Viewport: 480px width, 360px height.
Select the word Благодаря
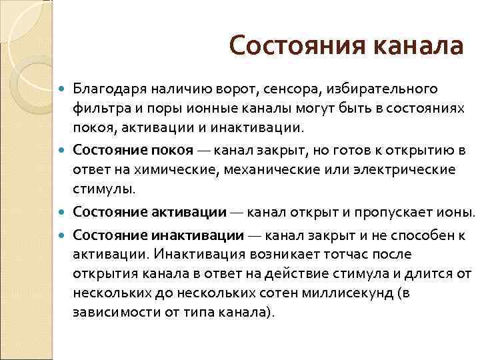[x=108, y=89]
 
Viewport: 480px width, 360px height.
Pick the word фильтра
[x=98, y=108]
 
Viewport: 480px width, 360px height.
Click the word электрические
[x=389, y=169]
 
